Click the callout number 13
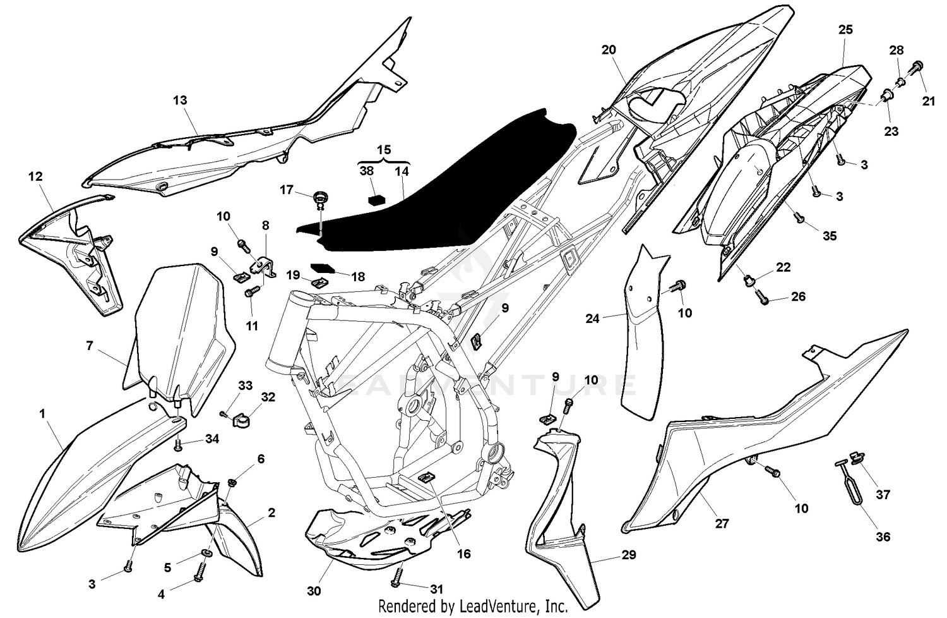(x=180, y=100)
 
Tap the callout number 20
(x=609, y=49)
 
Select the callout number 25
(x=845, y=29)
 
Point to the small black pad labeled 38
(x=377, y=199)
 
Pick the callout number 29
(x=628, y=555)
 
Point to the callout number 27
(x=722, y=523)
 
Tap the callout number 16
(x=464, y=554)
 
